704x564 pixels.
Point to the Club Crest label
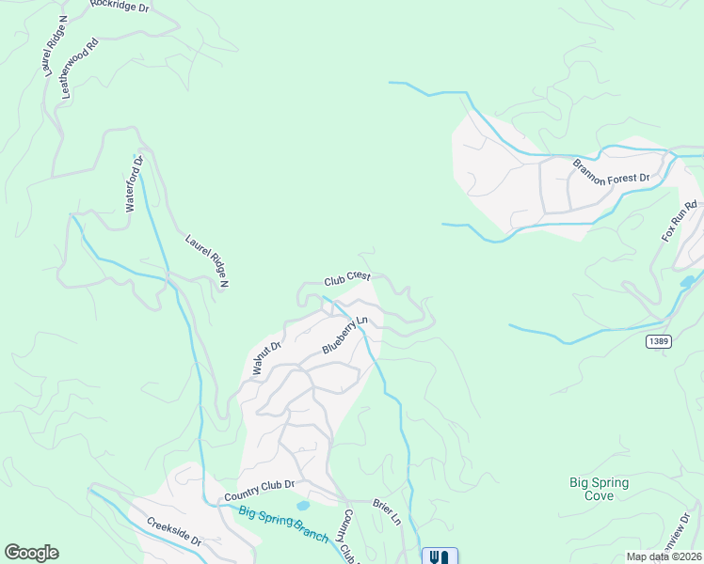pos(347,279)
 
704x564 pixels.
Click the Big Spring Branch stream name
pos(282,524)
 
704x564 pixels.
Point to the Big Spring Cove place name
pos(599,489)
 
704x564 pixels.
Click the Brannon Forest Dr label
pos(612,170)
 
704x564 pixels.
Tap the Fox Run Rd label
pos(678,222)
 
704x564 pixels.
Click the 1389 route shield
pos(659,341)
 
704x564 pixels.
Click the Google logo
pos(31,553)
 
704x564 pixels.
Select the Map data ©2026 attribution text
pos(663,556)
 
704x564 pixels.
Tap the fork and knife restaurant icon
pos(440,556)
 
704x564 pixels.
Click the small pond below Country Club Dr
pos(302,505)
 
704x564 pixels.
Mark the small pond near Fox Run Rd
pos(688,280)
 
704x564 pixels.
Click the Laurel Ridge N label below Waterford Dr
pos(207,260)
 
